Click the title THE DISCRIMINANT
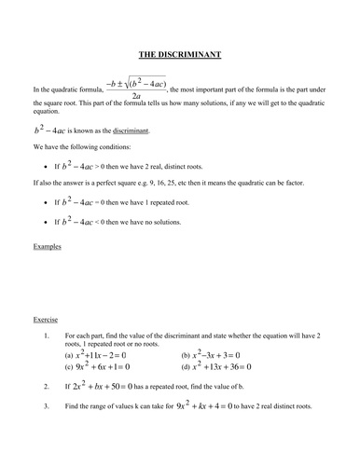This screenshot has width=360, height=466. click(180, 55)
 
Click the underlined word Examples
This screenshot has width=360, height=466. click(47, 246)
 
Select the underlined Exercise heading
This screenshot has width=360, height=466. click(46, 318)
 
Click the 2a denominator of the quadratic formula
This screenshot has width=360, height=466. click(136, 96)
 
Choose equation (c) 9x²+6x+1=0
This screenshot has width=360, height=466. click(112, 367)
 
